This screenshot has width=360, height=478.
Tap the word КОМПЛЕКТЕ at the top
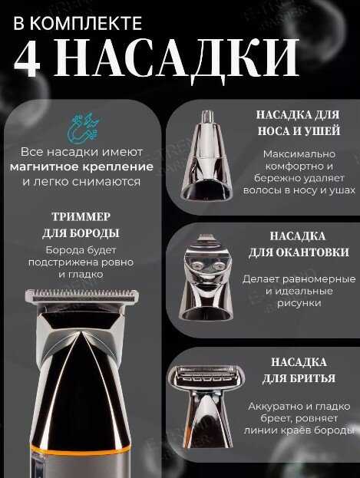click(x=86, y=24)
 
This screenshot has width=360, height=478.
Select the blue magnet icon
click(x=83, y=127)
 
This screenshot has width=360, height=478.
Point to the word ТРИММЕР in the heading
click(x=81, y=216)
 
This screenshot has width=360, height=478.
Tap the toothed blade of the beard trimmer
click(x=82, y=295)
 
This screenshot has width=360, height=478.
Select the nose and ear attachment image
click(x=207, y=156)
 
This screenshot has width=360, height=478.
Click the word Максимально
click(x=299, y=154)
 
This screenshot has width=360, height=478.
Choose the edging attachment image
click(x=207, y=278)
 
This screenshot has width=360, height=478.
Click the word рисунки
click(x=299, y=304)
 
